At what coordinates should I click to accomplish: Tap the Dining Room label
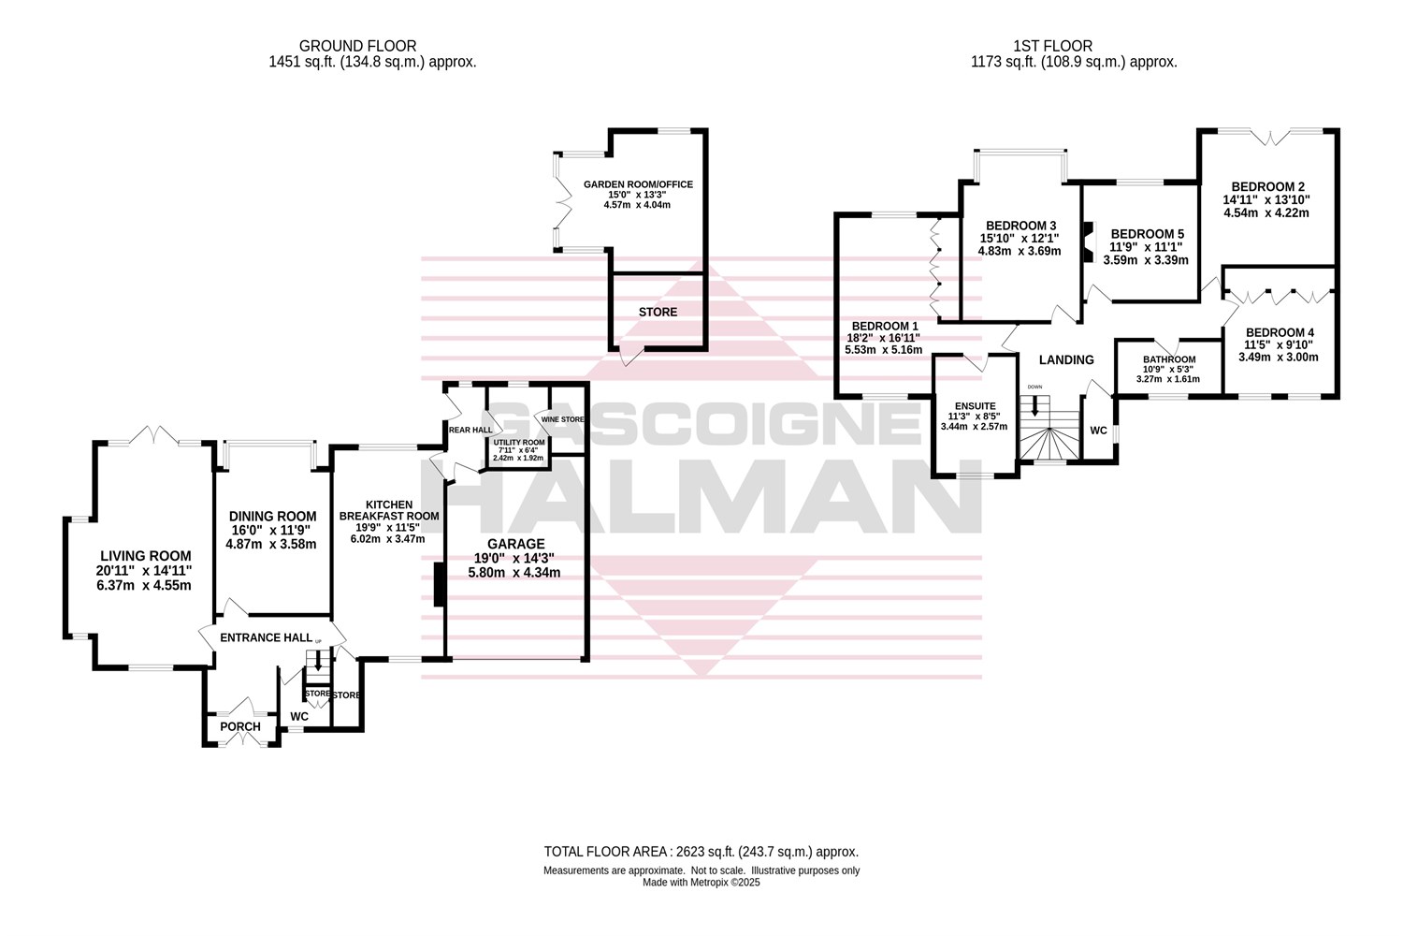(x=273, y=516)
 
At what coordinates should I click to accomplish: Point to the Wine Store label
(x=562, y=419)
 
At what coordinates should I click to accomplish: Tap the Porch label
(x=239, y=727)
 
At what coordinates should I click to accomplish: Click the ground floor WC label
(x=299, y=717)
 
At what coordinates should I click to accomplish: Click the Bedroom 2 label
(x=1267, y=186)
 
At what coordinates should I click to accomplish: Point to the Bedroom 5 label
(x=1147, y=234)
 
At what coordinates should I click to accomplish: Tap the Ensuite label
(x=974, y=406)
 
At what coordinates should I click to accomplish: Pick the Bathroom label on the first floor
(x=1169, y=359)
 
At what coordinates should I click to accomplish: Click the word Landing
(x=1066, y=359)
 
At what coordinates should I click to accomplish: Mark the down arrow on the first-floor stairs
(x=1034, y=406)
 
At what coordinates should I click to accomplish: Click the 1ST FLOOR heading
(x=1052, y=46)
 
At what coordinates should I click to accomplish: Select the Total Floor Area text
(x=701, y=852)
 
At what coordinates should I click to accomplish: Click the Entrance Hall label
(x=266, y=637)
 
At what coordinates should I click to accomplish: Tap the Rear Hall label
(x=470, y=430)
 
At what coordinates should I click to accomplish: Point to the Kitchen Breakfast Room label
(x=388, y=510)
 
